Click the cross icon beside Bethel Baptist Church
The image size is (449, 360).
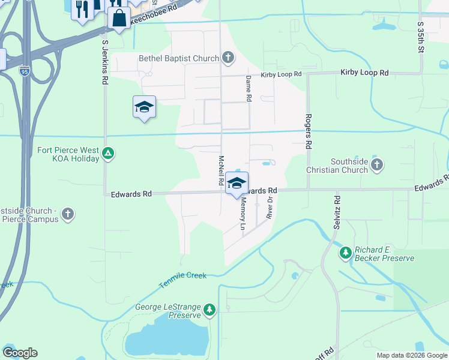(x=228, y=58)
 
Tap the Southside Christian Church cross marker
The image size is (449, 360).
(x=377, y=164)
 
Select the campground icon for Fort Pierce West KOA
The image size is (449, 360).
(x=107, y=154)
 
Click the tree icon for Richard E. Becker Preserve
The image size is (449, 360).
(x=345, y=253)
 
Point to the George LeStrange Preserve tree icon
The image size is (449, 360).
(x=209, y=310)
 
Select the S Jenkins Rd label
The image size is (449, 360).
(x=104, y=62)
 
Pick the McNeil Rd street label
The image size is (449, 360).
(x=221, y=170)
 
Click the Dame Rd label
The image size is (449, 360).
(x=247, y=88)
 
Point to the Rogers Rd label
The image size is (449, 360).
(x=308, y=131)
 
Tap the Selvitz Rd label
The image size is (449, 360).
(x=337, y=214)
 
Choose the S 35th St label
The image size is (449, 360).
(x=420, y=37)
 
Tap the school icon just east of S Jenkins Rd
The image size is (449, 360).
(x=144, y=107)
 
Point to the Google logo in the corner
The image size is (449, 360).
(x=20, y=353)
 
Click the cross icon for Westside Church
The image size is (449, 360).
(x=68, y=214)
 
